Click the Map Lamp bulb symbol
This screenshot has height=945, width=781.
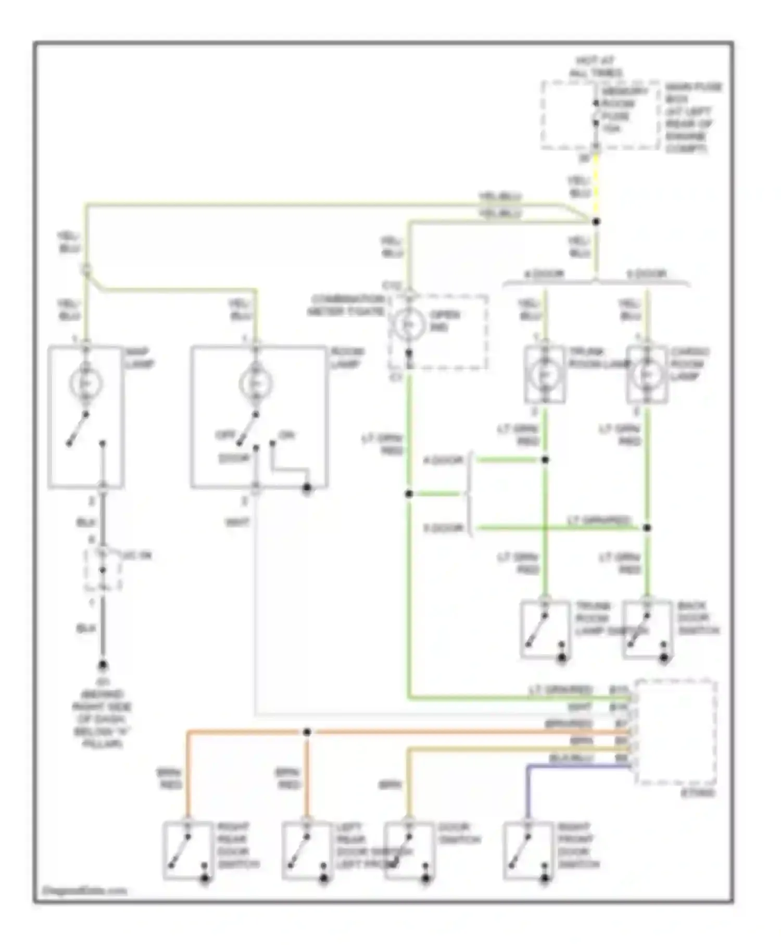tap(86, 383)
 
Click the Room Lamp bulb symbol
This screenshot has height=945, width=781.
tap(256, 383)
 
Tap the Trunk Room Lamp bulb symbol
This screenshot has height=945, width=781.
tap(545, 374)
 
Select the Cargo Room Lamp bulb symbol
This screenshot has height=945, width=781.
tap(647, 374)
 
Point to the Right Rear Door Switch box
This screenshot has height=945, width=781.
tap(188, 851)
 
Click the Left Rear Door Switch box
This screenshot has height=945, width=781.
tap(307, 851)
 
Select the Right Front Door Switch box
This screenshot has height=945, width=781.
tap(528, 851)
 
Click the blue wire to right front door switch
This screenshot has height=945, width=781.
tap(527, 789)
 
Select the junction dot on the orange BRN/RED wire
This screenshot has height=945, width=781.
tap(307, 732)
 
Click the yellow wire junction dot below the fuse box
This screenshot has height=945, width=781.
tap(596, 221)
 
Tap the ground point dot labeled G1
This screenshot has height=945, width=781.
tap(103, 665)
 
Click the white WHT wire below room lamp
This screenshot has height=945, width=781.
tap(256, 599)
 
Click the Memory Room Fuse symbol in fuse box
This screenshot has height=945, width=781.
tap(596, 114)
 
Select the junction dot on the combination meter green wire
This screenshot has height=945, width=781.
tap(409, 493)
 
